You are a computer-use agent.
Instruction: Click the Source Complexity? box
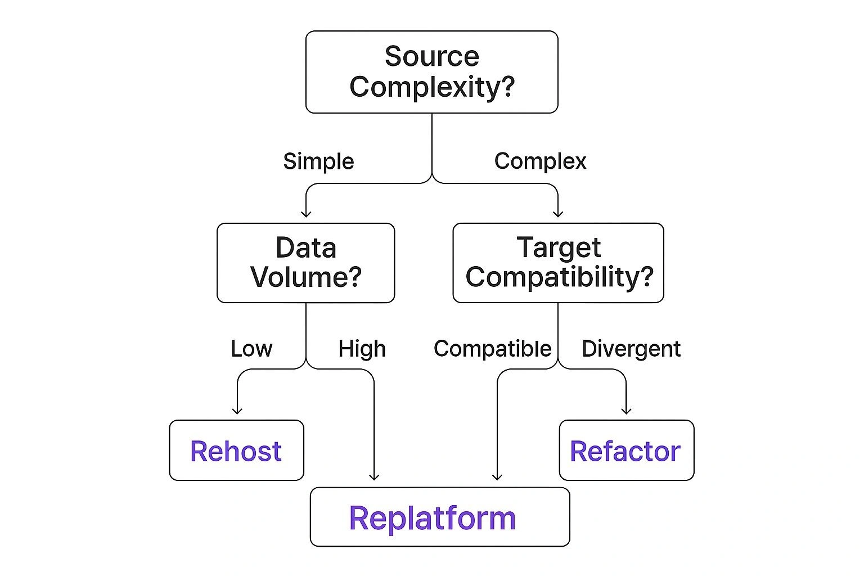[431, 72]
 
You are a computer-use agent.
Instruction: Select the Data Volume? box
[305, 263]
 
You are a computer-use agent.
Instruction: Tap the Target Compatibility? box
[558, 263]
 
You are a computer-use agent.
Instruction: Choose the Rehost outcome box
[236, 450]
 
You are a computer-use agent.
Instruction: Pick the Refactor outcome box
[626, 450]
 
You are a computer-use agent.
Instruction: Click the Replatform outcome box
[439, 517]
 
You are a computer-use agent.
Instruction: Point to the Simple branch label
[318, 161]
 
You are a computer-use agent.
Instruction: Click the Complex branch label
[540, 161]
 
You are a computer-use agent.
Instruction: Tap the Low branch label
[251, 349]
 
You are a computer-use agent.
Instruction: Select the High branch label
[362, 349]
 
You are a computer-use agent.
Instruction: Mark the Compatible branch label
[492, 349]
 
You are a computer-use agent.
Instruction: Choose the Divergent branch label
[631, 349]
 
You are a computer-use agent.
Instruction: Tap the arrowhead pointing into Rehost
[237, 411]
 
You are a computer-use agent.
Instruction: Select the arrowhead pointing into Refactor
[626, 411]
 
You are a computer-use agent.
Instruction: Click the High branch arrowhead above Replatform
[374, 477]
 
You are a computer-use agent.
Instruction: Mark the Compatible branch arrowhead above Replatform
[497, 477]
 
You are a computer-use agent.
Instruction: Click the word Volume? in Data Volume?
[305, 277]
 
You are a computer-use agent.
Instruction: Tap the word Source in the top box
[431, 56]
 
